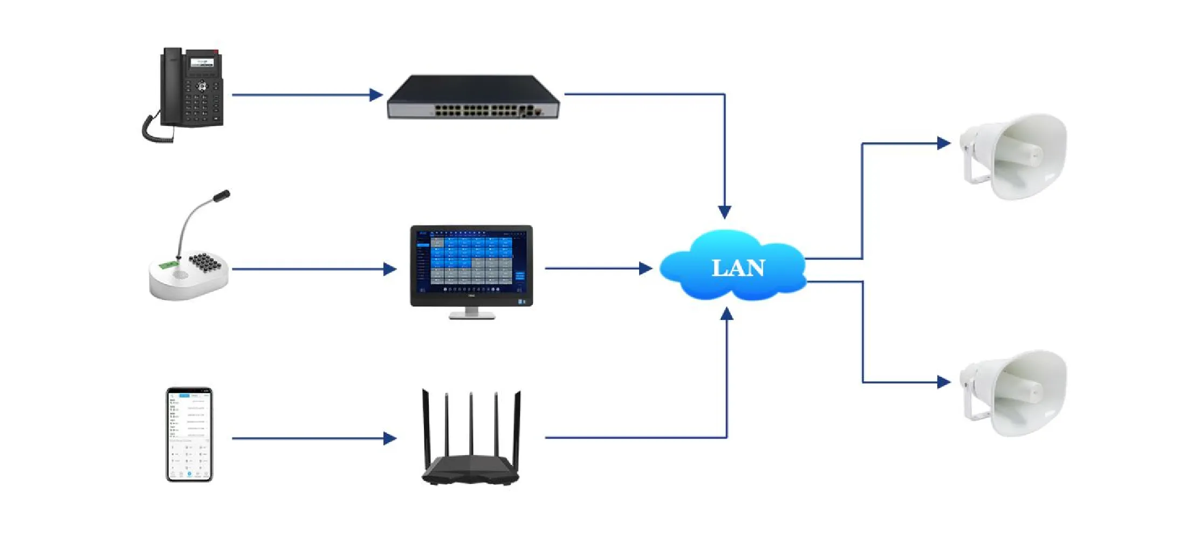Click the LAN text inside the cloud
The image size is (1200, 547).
pyautogui.click(x=738, y=268)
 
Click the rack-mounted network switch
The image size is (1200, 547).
pyautogui.click(x=473, y=98)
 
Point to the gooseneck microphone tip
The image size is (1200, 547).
pyautogui.click(x=222, y=196)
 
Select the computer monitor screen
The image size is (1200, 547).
pyautogui.click(x=471, y=262)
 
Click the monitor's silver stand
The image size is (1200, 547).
pyautogui.click(x=471, y=313)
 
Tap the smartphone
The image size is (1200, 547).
pyautogui.click(x=189, y=434)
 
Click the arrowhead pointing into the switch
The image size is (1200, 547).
pyautogui.click(x=376, y=95)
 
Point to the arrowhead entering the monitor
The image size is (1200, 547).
pyautogui.click(x=389, y=269)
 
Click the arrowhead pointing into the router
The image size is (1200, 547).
pyautogui.click(x=389, y=438)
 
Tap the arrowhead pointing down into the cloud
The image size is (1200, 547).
pyautogui.click(x=724, y=211)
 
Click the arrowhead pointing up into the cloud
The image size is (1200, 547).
pyautogui.click(x=727, y=314)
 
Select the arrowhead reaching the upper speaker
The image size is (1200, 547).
pyautogui.click(x=943, y=143)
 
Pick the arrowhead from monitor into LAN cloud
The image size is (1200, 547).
pyautogui.click(x=645, y=268)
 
